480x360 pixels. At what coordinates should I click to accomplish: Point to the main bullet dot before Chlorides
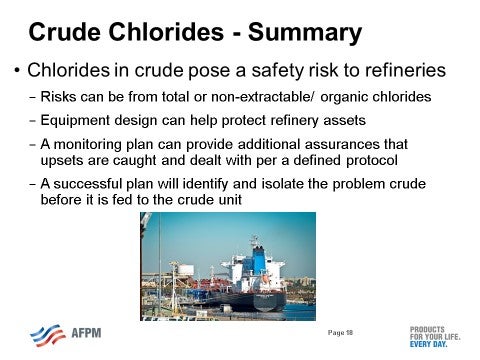point(18,73)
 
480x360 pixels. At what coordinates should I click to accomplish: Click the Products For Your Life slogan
point(434,334)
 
